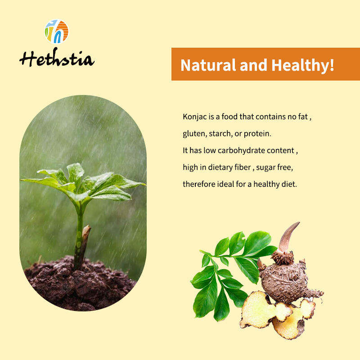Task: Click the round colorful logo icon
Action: point(57,31)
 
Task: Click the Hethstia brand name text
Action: point(57,58)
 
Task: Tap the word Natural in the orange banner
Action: point(208,65)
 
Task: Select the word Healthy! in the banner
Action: point(303,66)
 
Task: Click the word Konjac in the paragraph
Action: point(195,117)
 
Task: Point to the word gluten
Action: point(195,134)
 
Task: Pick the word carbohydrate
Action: point(241,151)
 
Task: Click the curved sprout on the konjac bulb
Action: point(288,238)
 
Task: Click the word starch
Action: point(220,134)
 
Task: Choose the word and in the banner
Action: point(253,65)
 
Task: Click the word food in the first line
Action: point(229,117)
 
